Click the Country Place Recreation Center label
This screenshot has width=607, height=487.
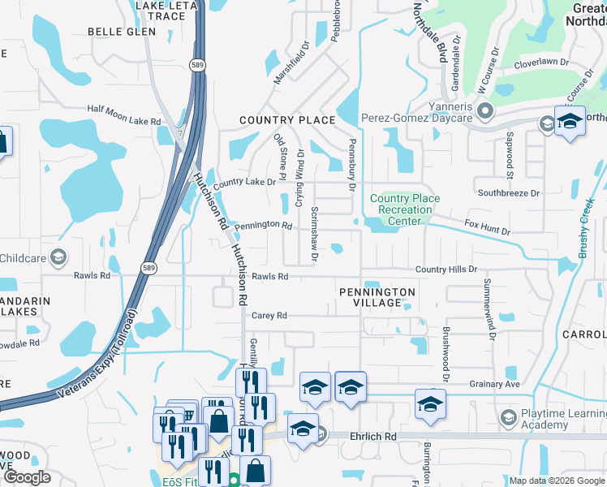pos(404,209)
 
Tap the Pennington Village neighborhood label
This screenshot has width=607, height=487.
pos(377,297)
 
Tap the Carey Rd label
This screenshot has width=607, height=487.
pos(269,316)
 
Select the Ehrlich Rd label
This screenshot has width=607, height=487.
pos(373,436)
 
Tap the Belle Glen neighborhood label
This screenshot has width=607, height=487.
pos(121,32)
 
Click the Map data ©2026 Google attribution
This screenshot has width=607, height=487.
pos(557,481)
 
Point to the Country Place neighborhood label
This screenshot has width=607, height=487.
pos(287,120)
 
